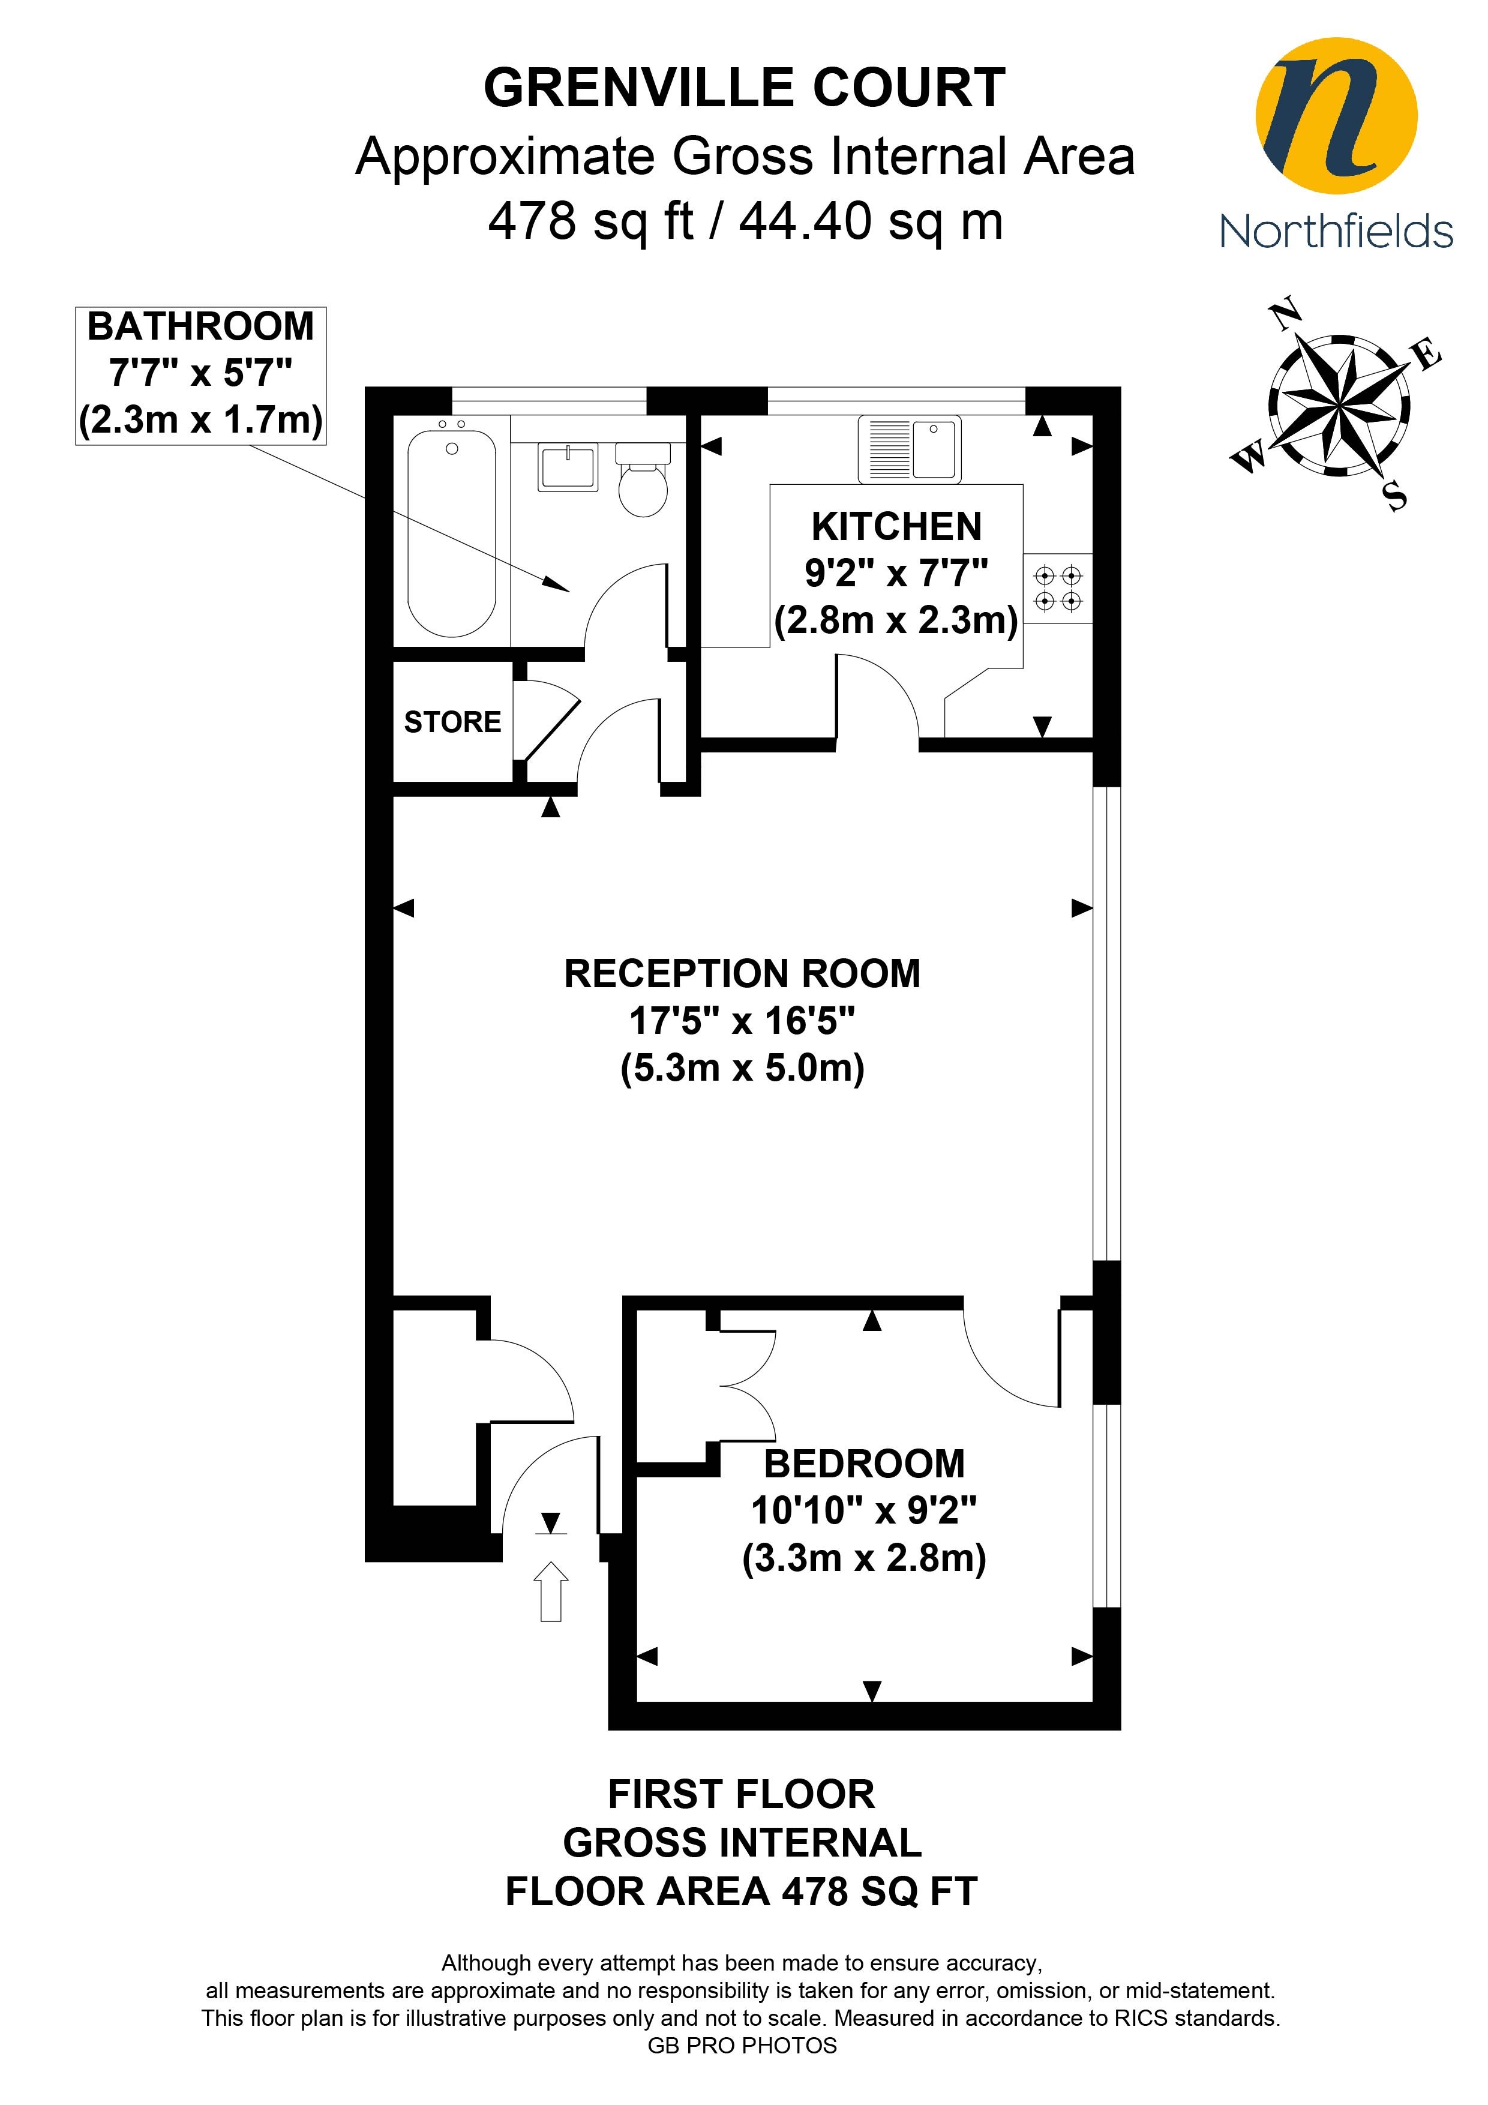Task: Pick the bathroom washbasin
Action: (568, 467)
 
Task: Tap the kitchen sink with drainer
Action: (910, 450)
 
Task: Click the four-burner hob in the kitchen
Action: (1058, 589)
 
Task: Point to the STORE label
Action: (453, 722)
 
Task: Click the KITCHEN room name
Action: (896, 527)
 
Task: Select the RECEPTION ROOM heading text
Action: (743, 974)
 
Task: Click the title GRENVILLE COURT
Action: (745, 89)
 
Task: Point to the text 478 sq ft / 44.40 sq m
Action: (745, 222)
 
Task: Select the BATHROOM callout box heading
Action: (201, 327)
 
